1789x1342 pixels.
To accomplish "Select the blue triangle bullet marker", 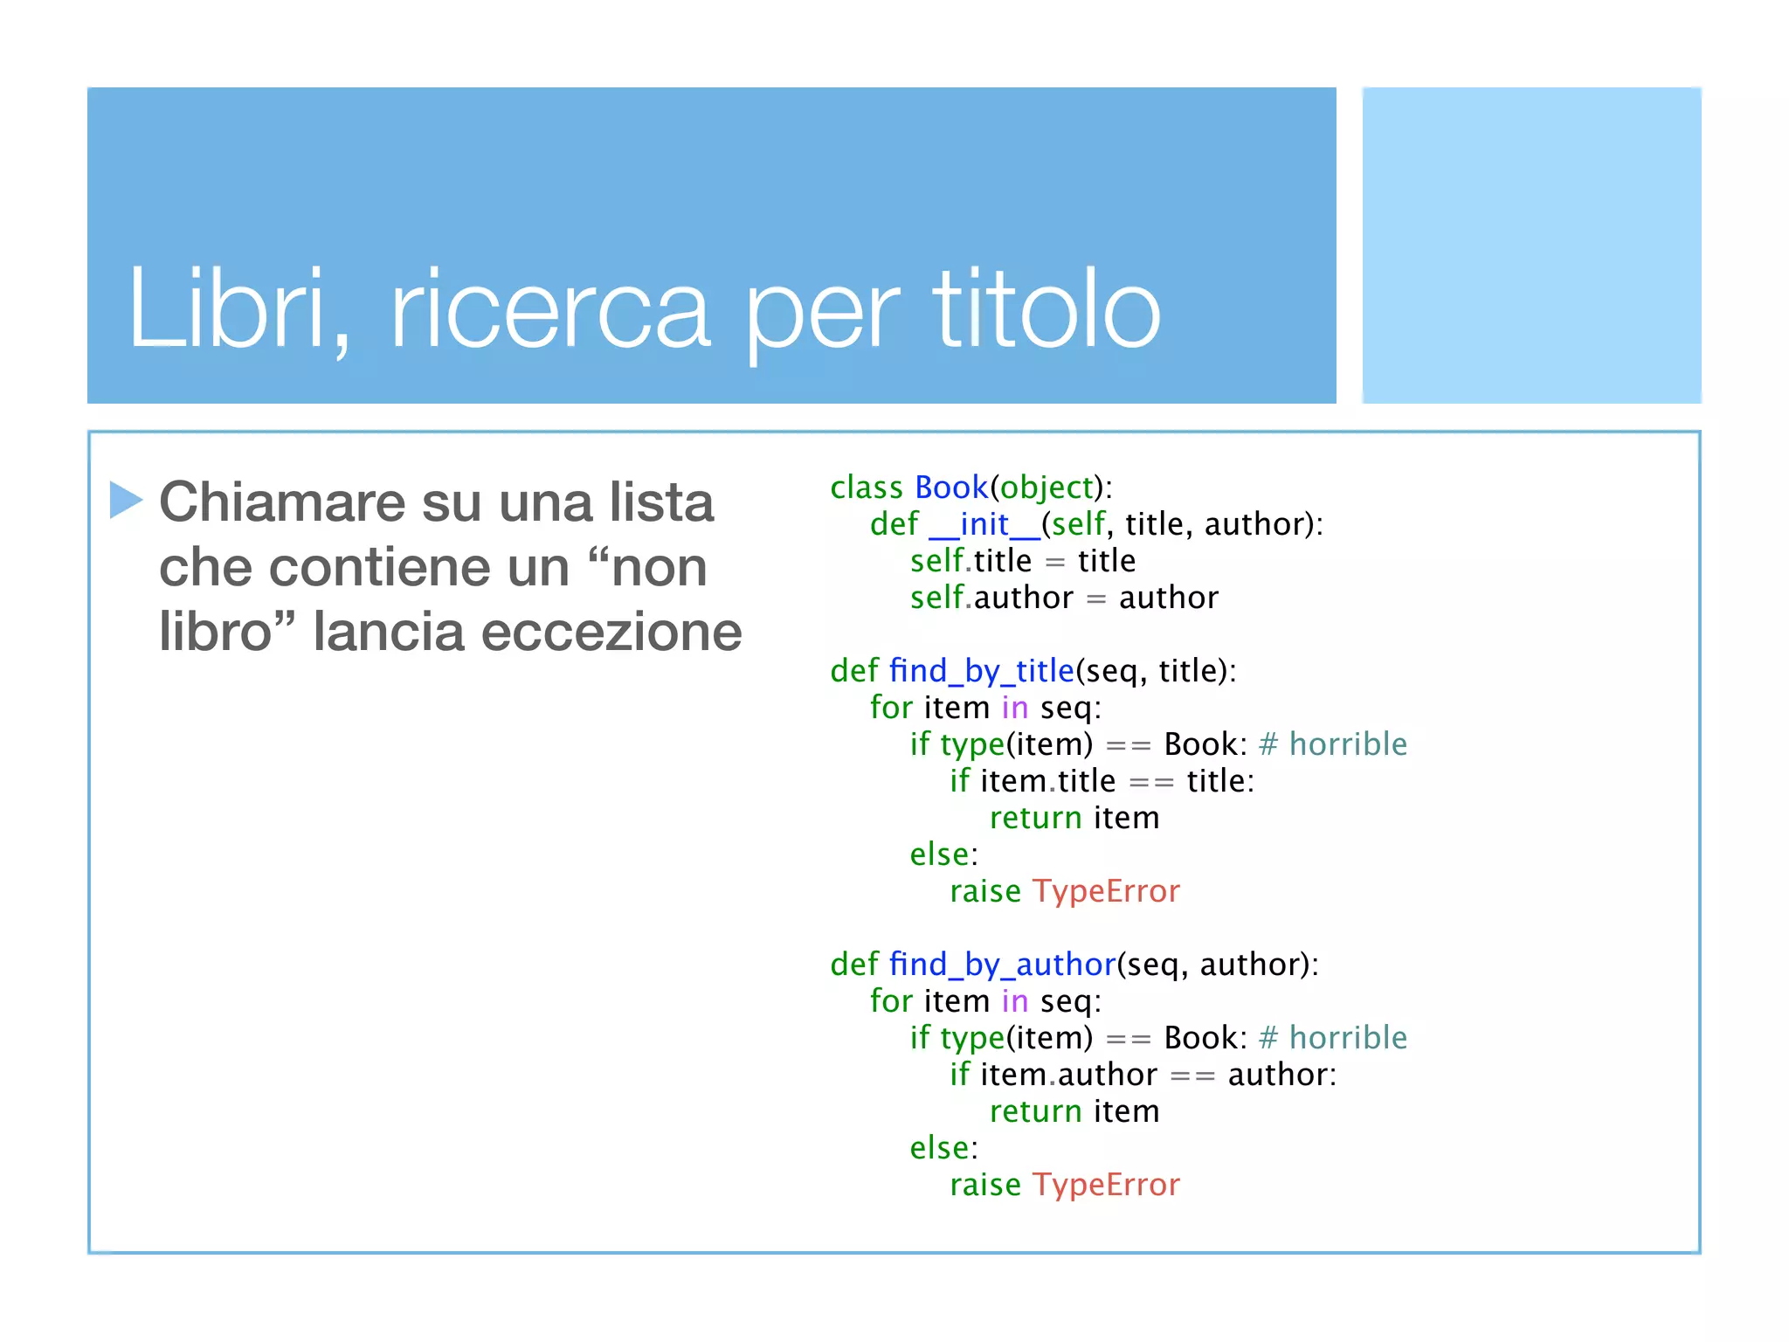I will point(126,500).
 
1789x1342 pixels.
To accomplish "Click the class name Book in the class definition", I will point(950,488).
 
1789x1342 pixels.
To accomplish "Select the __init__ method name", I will point(984,524).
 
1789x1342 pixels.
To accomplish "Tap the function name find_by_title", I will point(981,671).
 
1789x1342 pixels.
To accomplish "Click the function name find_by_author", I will point(1002,965).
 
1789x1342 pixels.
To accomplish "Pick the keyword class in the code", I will point(866,488).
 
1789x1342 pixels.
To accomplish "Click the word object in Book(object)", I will point(1046,488).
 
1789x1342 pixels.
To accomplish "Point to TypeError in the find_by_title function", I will point(1106,891).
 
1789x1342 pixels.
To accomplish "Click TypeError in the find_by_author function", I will point(1106,1185).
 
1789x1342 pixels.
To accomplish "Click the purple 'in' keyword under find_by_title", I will point(1014,708).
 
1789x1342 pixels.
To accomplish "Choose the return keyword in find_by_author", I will point(1035,1111).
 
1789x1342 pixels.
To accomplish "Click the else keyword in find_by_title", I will point(940,854).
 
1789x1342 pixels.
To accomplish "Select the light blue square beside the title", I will point(1531,245).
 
